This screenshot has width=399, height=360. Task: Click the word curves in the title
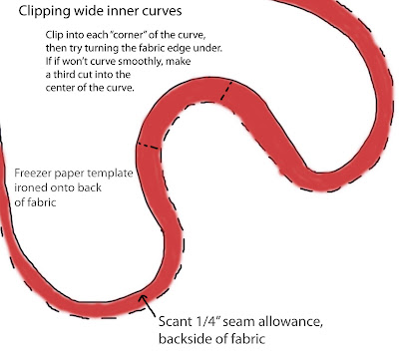[162, 11]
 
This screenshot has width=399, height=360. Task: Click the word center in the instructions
[58, 88]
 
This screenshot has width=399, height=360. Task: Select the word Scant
[173, 322]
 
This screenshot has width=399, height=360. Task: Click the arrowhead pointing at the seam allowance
[144, 298]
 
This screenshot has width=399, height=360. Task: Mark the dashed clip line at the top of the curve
[226, 90]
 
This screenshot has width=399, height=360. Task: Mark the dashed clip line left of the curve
[149, 146]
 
